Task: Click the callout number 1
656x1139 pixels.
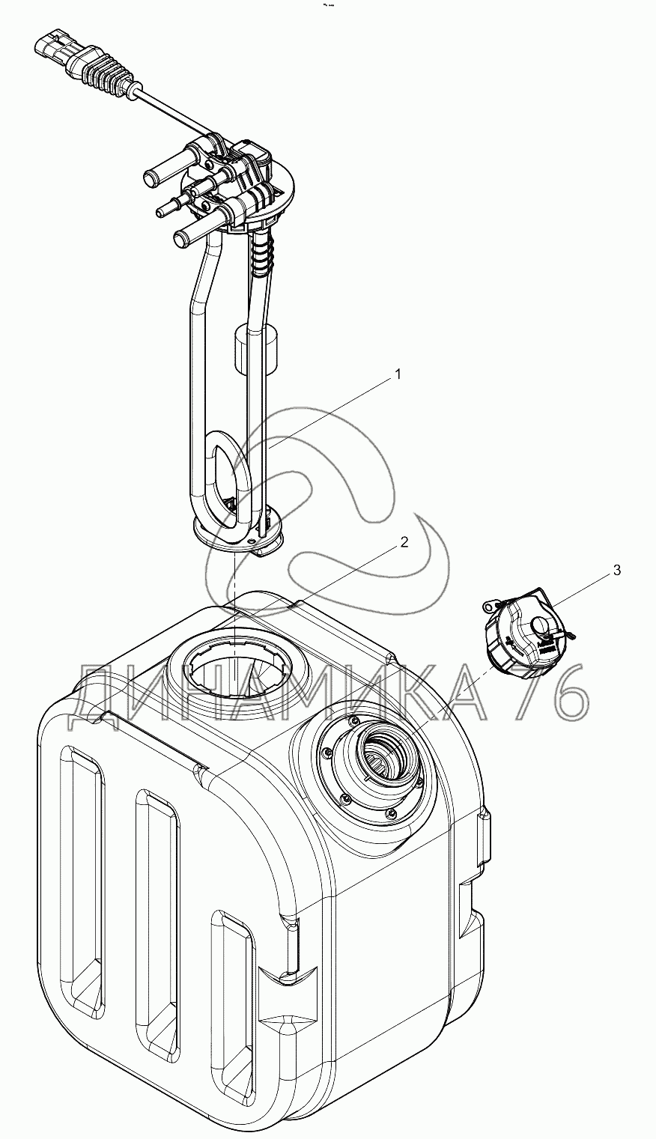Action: coord(398,374)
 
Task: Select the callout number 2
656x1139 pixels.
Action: coord(404,543)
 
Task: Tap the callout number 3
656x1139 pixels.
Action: coord(617,571)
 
